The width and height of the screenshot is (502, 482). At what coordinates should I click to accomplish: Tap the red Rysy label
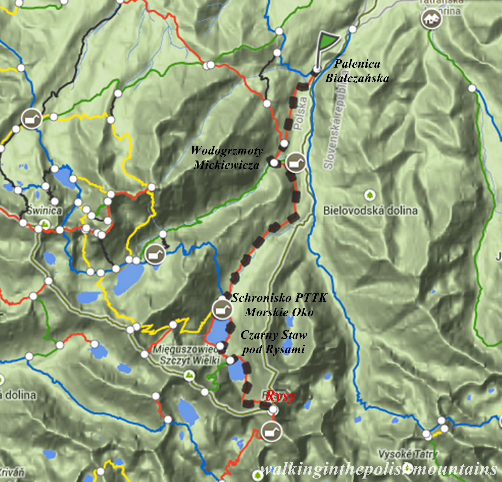[x=280, y=396]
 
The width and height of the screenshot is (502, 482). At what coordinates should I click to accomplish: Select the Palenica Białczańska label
[x=357, y=71]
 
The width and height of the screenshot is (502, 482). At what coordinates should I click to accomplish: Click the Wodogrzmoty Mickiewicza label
[x=227, y=158]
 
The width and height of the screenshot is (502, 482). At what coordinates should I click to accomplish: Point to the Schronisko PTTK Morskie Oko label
[x=279, y=305]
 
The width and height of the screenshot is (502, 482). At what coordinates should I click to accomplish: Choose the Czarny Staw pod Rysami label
[x=274, y=342]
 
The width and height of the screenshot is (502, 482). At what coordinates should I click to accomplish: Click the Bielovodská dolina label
[x=371, y=211]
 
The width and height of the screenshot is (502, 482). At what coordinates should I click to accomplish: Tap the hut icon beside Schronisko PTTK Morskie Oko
[x=222, y=309]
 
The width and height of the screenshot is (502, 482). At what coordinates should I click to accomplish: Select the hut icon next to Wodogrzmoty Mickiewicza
[x=296, y=163]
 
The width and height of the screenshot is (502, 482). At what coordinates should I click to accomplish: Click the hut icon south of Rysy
[x=271, y=432]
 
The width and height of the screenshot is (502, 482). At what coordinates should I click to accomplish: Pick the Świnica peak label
[x=44, y=211]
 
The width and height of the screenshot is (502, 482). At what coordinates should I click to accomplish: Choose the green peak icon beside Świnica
[x=45, y=224]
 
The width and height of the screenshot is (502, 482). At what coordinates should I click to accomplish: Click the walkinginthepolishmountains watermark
[x=378, y=469]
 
